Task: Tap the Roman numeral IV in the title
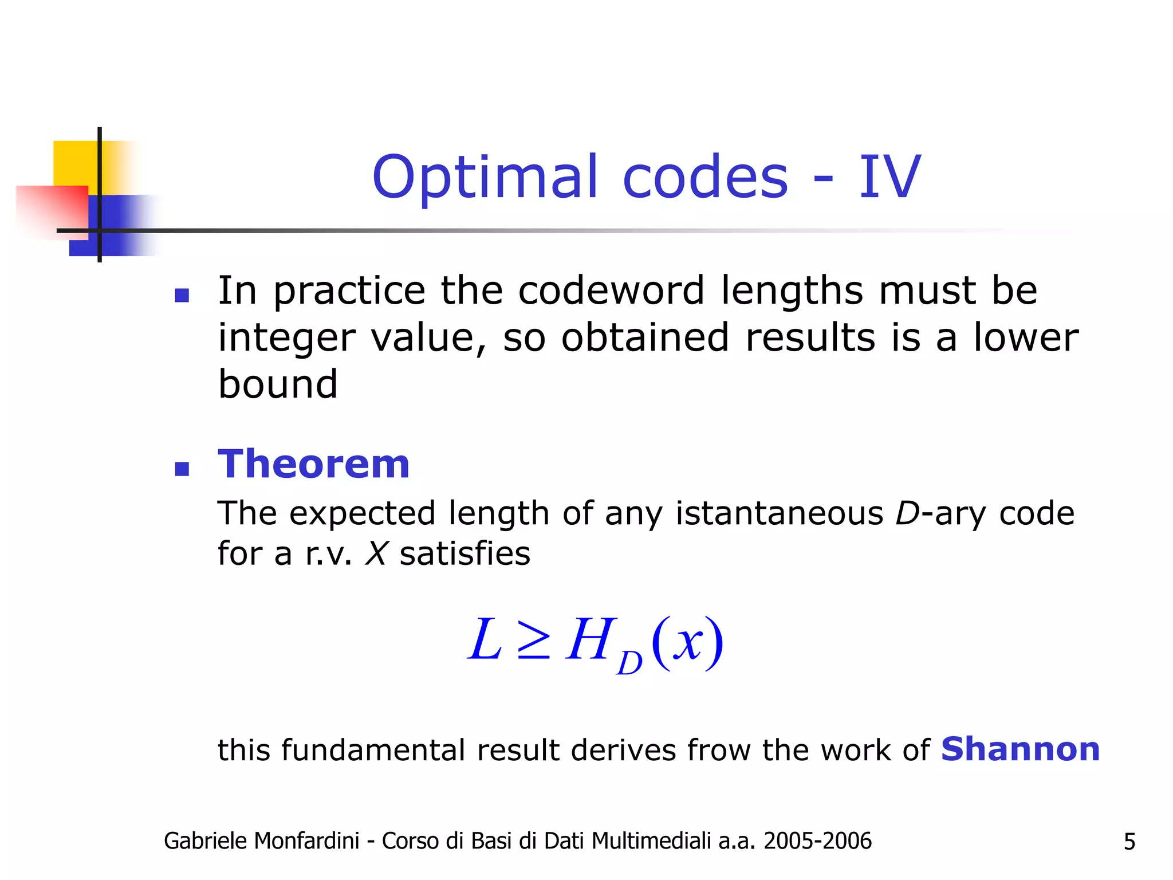pos(889,178)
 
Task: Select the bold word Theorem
pos(314,463)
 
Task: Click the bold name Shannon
pos(1020,749)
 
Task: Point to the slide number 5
pos(1129,842)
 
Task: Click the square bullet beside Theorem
pos(182,469)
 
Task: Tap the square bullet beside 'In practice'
pos(182,295)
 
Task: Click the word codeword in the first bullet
pos(611,290)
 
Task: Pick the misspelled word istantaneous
pos(780,513)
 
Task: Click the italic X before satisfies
pos(376,554)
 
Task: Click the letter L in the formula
pos(485,640)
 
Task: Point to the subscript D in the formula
pos(629,664)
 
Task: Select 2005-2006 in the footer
pos(817,841)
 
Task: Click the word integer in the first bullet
pos(286,338)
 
